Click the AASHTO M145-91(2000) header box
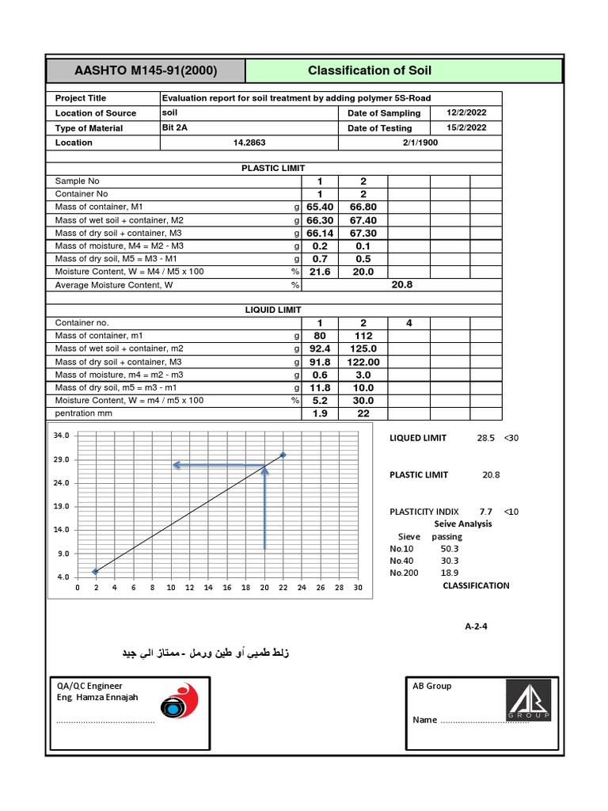click(146, 70)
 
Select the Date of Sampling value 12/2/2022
click(467, 113)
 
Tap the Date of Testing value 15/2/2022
click(467, 128)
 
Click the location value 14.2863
click(249, 143)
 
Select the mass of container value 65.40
click(320, 207)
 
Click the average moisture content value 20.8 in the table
click(402, 284)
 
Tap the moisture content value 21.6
click(320, 272)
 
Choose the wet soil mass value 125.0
click(363, 348)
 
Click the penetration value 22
click(363, 413)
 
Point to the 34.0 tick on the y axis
click(62, 436)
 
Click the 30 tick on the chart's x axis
click(358, 588)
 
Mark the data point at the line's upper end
click(283, 455)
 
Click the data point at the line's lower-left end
click(96, 571)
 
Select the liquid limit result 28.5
click(485, 438)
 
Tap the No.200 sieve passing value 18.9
click(449, 572)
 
